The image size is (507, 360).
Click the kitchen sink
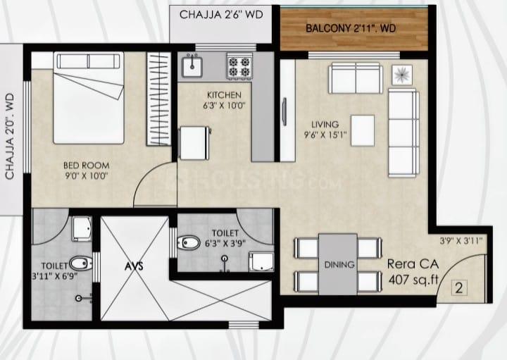pos(192,66)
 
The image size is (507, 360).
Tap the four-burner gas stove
pos(239,66)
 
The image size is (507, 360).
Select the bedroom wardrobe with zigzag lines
pos(158,99)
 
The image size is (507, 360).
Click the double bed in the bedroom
pos(89,98)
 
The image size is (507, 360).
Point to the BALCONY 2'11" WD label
pos(351,28)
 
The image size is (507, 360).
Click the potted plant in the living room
pos(402,75)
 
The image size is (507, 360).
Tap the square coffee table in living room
pos(363,130)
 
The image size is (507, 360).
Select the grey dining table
pos(338,264)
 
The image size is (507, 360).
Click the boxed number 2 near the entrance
pos(459,287)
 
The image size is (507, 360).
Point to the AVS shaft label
pos(134,266)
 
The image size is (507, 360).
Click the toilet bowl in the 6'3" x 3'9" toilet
pos(189,242)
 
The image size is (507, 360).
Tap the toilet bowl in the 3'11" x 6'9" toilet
pos(81,263)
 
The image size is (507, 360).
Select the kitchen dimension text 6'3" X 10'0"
pos(225,106)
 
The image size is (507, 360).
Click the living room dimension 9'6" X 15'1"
pos(325,135)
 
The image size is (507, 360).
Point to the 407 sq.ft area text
pos(413,279)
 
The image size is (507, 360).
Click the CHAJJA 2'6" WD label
pos(221,15)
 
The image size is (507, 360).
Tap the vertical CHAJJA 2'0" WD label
pos(10,136)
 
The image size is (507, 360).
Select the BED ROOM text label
pos(87,166)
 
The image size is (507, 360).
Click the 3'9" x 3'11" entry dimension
pos(461,241)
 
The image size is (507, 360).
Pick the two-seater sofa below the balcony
pos(356,79)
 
